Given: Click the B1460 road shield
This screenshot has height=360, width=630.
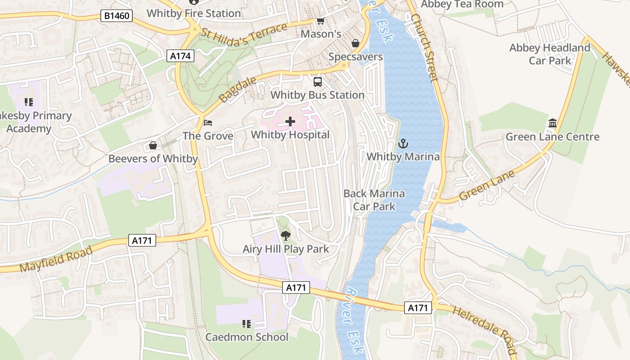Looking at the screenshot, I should pyautogui.click(x=117, y=16).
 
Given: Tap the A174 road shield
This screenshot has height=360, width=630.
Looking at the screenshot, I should pyautogui.click(x=181, y=56).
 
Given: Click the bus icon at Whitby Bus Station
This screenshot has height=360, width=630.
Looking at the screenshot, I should pyautogui.click(x=318, y=81).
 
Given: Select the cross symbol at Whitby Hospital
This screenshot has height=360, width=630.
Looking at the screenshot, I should pyautogui.click(x=290, y=121).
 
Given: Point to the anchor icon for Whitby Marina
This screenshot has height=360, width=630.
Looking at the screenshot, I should pyautogui.click(x=403, y=144).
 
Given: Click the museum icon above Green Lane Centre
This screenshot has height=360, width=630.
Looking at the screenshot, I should pyautogui.click(x=553, y=123).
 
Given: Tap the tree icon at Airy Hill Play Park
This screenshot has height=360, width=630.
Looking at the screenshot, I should pyautogui.click(x=285, y=235).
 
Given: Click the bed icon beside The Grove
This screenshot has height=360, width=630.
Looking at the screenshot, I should pyautogui.click(x=207, y=122).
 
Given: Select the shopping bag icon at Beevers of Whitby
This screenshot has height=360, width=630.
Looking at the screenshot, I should pyautogui.click(x=153, y=145).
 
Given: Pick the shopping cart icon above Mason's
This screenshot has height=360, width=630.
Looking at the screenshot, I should pyautogui.click(x=320, y=21).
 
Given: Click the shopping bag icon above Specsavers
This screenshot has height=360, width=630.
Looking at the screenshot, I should pyautogui.click(x=355, y=43).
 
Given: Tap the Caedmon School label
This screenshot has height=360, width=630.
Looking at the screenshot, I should pyautogui.click(x=247, y=337).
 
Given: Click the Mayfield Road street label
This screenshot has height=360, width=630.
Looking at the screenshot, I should pyautogui.click(x=56, y=259).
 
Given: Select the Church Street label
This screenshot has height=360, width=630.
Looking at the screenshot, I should pyautogui.click(x=424, y=48).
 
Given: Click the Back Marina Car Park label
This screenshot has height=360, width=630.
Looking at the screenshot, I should pyautogui.click(x=374, y=200).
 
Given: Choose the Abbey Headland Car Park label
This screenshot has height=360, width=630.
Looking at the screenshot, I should pyautogui.click(x=549, y=54).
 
